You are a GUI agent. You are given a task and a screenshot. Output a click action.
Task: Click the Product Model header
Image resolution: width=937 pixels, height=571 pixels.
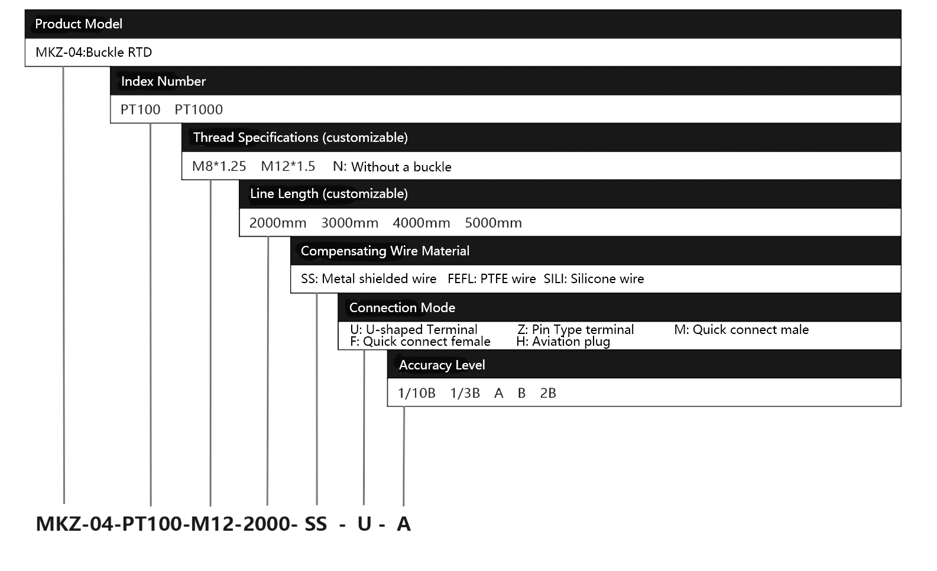click(x=79, y=24)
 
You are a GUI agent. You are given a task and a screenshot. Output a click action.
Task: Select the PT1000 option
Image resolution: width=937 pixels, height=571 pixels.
click(x=199, y=109)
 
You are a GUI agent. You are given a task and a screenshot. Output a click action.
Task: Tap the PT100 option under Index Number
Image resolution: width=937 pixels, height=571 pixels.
click(x=141, y=109)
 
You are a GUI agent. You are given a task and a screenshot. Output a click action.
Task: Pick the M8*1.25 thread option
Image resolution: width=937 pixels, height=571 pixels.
click(x=219, y=166)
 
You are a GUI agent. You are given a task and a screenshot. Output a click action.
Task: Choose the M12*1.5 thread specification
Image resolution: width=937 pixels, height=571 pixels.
click(x=288, y=166)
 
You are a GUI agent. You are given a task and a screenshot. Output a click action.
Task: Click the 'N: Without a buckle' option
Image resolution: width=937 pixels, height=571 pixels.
click(x=393, y=167)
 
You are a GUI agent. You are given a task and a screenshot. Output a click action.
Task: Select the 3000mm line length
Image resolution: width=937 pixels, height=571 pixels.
click(x=350, y=222)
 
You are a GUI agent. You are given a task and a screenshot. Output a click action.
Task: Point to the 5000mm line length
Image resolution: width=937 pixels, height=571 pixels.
click(x=494, y=222)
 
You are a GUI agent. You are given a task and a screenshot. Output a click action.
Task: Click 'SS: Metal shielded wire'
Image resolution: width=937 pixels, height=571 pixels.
click(x=368, y=278)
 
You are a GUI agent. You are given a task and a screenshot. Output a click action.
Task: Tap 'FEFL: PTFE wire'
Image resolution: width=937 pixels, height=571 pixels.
click(x=491, y=278)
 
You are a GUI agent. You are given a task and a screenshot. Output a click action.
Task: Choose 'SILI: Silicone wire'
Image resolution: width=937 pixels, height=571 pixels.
click(x=594, y=278)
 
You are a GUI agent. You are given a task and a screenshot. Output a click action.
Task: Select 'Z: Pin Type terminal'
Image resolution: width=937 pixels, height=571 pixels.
click(x=576, y=330)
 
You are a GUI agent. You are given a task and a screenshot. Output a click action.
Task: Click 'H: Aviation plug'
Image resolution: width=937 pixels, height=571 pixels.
click(x=563, y=342)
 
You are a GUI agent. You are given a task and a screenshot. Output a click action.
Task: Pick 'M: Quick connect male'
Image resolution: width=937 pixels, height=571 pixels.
click(x=742, y=330)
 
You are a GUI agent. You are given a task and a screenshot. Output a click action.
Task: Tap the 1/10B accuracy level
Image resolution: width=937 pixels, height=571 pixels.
click(x=417, y=393)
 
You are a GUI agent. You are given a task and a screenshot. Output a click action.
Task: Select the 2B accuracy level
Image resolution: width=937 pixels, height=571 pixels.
click(x=548, y=393)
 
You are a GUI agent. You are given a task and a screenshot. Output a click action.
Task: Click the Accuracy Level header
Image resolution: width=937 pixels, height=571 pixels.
click(x=442, y=365)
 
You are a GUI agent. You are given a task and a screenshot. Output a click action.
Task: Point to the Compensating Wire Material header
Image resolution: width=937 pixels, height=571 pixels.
click(x=385, y=251)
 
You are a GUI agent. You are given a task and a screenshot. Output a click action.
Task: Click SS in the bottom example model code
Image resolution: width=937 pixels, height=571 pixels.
click(x=316, y=524)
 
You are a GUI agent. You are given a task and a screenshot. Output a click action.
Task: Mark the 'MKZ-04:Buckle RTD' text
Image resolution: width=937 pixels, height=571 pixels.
click(x=93, y=52)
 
